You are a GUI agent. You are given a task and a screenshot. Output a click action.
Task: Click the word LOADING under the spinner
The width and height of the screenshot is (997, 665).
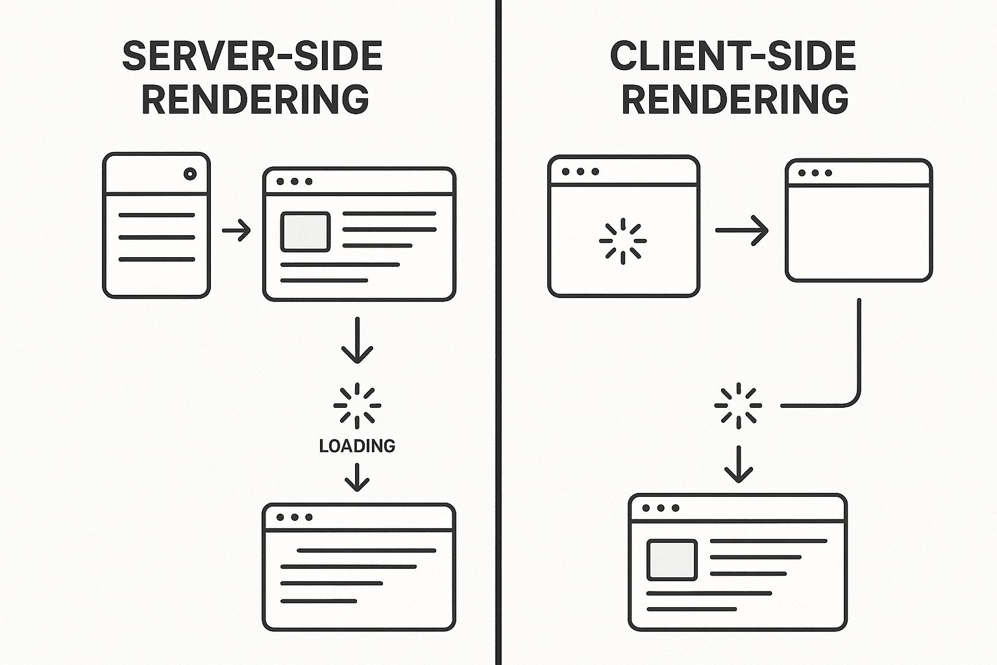coord(357,445)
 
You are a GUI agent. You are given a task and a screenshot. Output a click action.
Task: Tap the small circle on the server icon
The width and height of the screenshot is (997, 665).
coord(190,173)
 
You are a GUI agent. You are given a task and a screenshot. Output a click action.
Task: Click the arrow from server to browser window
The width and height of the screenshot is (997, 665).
coord(236,231)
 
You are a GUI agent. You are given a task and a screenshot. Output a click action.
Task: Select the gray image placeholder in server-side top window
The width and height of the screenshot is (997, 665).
coord(305,231)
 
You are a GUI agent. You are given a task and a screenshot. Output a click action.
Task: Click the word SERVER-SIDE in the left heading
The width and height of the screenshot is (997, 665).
coord(252,56)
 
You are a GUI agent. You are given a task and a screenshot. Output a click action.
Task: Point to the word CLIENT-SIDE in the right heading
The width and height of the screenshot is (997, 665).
coord(733,56)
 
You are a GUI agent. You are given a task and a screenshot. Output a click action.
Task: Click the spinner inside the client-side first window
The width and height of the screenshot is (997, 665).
coord(622,241)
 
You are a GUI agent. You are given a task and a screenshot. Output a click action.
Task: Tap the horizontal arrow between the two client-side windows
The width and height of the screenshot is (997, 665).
coord(741,231)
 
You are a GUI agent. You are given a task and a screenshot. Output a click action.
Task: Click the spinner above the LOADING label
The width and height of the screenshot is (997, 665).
coord(357,406)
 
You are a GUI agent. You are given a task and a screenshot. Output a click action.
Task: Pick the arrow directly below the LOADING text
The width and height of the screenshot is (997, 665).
coord(357,478)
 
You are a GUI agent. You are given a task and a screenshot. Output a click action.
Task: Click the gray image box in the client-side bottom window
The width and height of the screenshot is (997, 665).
coord(672,559)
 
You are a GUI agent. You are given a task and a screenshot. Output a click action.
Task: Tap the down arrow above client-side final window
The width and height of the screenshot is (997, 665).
coord(738,464)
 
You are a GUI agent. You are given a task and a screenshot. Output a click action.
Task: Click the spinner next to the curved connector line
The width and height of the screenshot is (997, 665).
coord(738,406)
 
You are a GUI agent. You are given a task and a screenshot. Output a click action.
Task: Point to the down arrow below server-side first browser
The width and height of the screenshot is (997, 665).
coord(357,341)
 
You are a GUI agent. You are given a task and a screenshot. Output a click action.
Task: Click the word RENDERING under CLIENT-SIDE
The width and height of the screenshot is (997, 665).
coord(735,99)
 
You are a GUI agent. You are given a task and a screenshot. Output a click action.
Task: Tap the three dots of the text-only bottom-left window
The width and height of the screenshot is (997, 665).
coord(295,517)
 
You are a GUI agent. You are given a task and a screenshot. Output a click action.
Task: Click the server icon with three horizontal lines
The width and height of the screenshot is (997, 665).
coord(156,225)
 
